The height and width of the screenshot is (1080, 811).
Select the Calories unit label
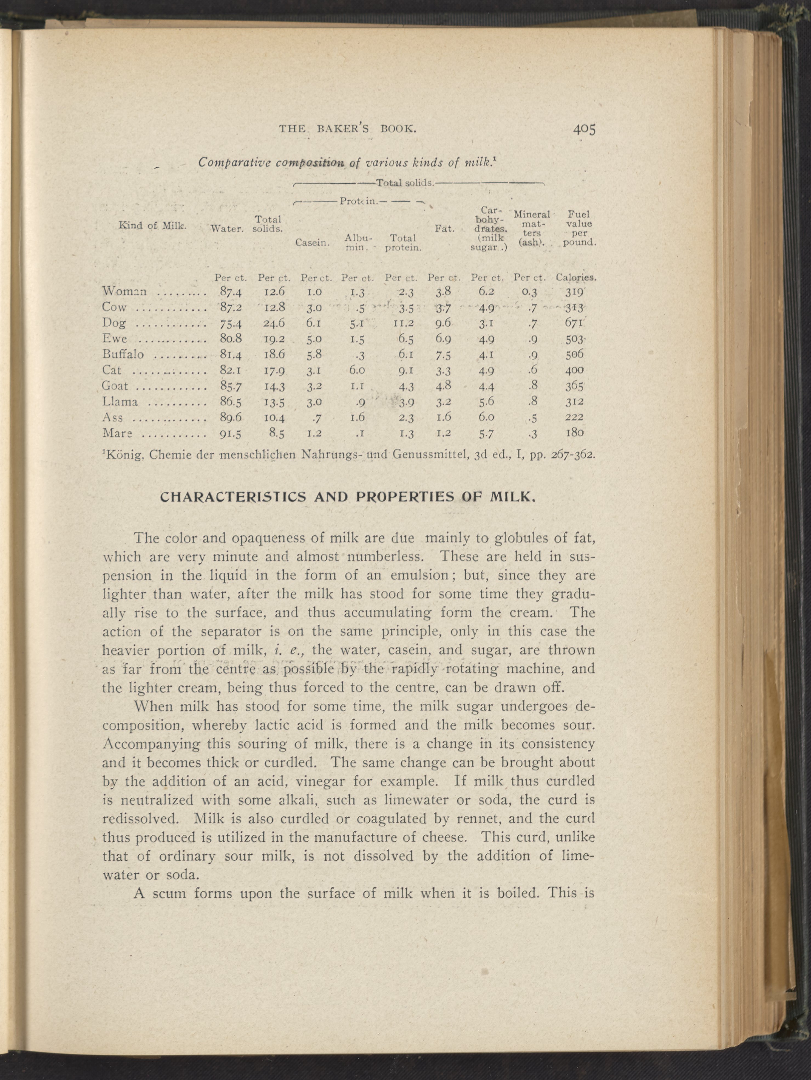tap(576, 278)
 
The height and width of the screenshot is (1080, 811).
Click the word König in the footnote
tap(123, 455)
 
